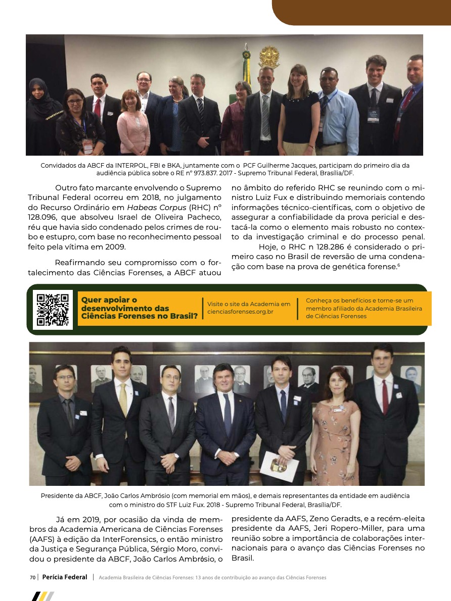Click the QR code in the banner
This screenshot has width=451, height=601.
tap(53, 310)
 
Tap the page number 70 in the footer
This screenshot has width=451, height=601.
tap(32, 577)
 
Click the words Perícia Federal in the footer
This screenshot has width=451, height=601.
tap(65, 577)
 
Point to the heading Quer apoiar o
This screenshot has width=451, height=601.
tap(109, 300)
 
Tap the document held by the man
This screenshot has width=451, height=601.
tap(280, 464)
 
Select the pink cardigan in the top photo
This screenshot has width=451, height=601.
tap(133, 131)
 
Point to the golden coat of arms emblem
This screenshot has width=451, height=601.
tap(269, 57)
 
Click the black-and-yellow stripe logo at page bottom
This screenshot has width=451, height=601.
tap(42, 596)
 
